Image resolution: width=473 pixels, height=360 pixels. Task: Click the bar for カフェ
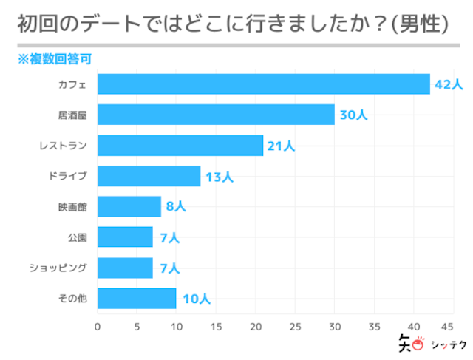(263, 84)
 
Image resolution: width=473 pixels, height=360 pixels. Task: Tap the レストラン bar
(180, 146)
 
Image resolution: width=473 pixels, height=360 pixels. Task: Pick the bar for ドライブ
(149, 176)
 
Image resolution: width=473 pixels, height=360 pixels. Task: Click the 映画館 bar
(129, 206)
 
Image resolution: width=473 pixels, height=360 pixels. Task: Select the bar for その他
(137, 298)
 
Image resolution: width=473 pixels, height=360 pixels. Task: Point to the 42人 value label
(448, 85)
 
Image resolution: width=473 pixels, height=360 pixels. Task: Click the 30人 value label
(353, 115)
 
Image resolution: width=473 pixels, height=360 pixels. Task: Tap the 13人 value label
(219, 177)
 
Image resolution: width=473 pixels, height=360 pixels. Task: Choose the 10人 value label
(196, 299)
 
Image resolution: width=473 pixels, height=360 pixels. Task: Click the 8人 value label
(175, 207)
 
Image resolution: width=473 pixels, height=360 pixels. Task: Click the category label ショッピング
(58, 268)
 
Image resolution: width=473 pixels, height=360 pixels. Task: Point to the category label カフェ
(72, 85)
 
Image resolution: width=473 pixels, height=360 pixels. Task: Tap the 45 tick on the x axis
(446, 326)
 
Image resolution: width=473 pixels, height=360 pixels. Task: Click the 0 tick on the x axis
(98, 326)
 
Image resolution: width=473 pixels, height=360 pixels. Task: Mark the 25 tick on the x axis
(295, 326)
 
